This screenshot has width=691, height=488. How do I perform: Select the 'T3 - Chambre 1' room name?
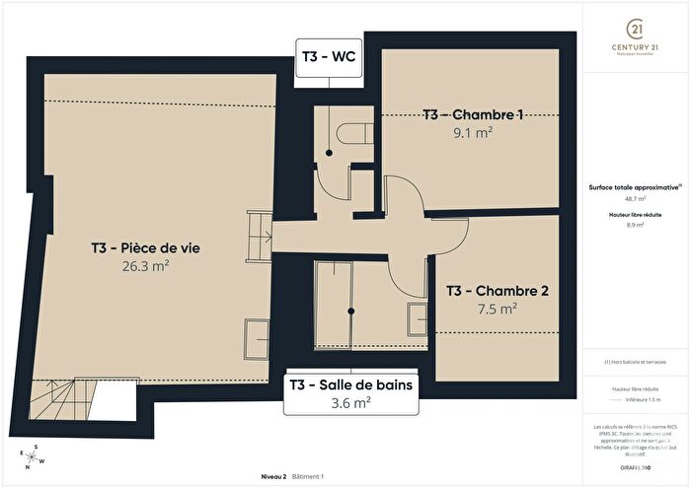[x=473, y=114]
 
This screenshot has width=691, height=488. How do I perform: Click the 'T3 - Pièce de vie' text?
[x=142, y=247]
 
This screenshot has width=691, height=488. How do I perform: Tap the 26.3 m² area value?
[x=142, y=264]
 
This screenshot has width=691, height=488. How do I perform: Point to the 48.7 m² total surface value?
[x=636, y=198]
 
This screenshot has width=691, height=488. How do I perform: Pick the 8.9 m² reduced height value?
[x=636, y=225]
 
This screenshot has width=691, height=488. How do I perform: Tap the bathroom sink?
[x=417, y=316]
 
